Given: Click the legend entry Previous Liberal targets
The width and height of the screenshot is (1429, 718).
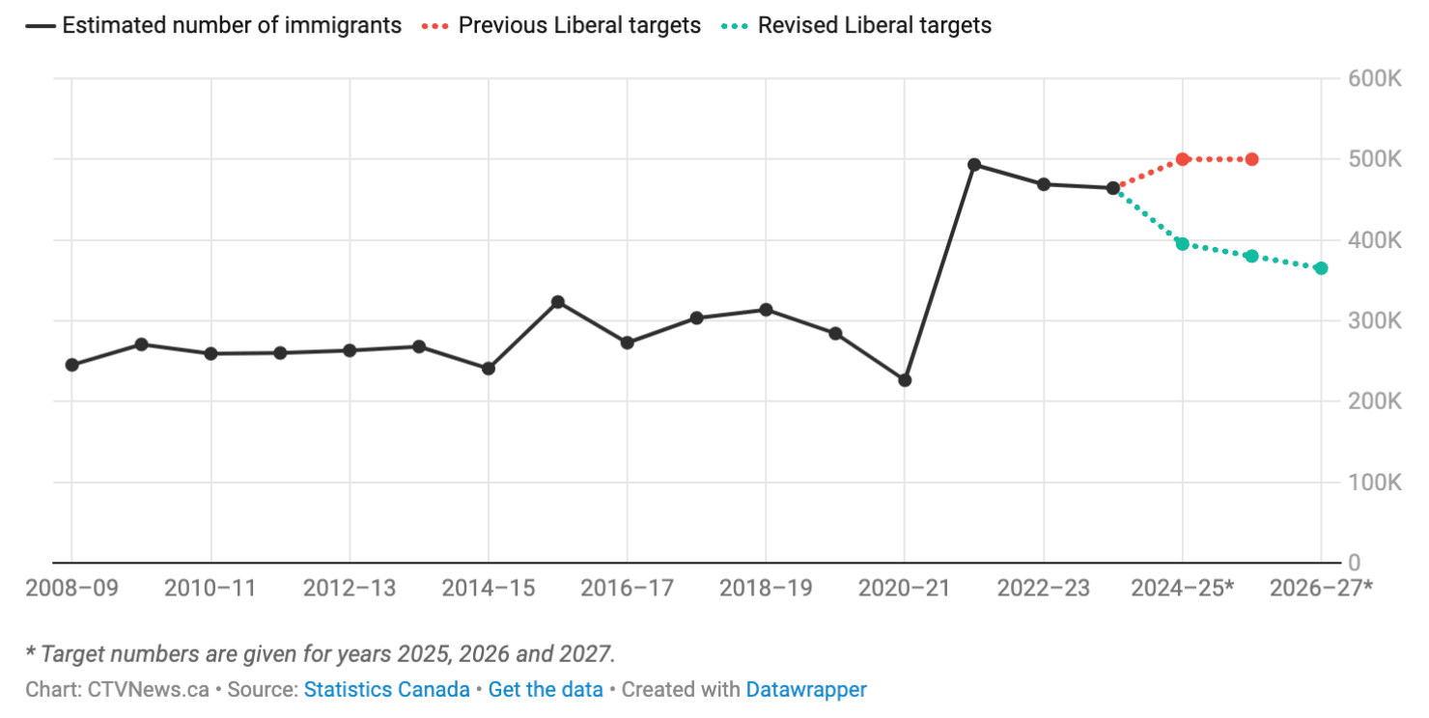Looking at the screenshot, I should (x=578, y=25).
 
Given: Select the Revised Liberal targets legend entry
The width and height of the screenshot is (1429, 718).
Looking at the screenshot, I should (x=874, y=25).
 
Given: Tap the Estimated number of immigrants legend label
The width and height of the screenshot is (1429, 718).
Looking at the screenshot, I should (x=232, y=25).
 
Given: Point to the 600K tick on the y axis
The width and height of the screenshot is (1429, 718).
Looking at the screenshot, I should (x=1374, y=78).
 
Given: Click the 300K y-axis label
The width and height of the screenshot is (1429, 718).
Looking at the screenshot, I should (x=1374, y=320).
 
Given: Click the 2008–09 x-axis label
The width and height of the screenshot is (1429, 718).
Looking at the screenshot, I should (x=72, y=588).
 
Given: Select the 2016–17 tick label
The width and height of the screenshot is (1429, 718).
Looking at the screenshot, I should (x=628, y=588).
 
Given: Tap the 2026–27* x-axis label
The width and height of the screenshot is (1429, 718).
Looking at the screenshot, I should (x=1321, y=588).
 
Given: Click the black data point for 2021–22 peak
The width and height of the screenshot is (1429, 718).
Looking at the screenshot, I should (x=974, y=165).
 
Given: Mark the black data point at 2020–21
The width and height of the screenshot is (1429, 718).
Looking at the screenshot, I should (x=905, y=380).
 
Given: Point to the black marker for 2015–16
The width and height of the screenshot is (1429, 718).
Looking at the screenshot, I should (x=558, y=302).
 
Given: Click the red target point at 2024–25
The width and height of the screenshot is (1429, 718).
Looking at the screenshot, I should (x=1183, y=159).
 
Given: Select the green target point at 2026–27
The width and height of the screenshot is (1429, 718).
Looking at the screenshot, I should (x=1321, y=268).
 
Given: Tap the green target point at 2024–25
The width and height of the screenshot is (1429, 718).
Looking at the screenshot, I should (x=1183, y=244).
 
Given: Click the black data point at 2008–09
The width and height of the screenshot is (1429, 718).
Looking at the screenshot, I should (x=72, y=365).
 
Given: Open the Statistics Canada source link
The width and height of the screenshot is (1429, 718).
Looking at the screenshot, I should (x=386, y=690).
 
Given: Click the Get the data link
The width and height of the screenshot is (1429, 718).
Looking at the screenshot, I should (x=546, y=690).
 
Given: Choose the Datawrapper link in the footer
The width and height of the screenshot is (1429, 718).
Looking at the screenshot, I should (x=806, y=690).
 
